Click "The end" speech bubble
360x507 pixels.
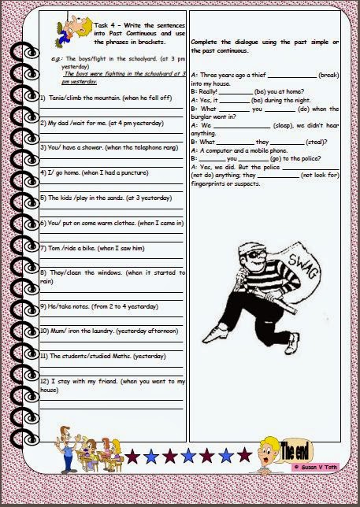[300, 451]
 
